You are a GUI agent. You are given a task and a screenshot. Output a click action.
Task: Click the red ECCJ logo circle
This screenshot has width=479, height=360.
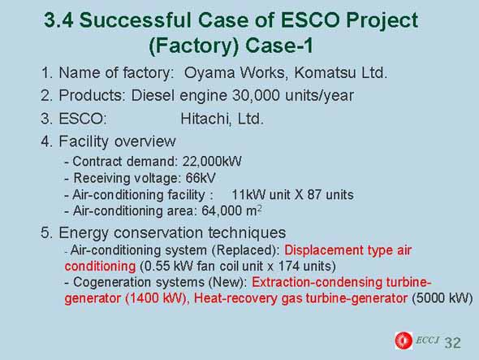[403, 340]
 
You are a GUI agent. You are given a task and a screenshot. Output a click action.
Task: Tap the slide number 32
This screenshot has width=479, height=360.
[452, 343]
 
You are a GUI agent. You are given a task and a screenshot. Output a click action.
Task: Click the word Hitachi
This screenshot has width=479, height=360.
[205, 119]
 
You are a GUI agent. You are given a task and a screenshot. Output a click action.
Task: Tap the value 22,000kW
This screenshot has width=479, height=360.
[212, 161]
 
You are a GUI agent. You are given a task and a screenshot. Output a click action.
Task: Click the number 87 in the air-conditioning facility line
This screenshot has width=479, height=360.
[314, 195]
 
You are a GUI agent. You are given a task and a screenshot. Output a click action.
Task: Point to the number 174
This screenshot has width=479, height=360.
[289, 266]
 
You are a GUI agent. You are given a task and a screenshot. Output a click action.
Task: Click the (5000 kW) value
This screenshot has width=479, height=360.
[442, 298]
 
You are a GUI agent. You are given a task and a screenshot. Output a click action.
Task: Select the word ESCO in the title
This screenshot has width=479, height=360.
[310, 20]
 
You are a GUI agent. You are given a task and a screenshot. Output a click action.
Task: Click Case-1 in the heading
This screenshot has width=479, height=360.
[279, 46]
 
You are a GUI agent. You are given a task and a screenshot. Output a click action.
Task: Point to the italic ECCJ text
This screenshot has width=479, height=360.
[427, 340]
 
